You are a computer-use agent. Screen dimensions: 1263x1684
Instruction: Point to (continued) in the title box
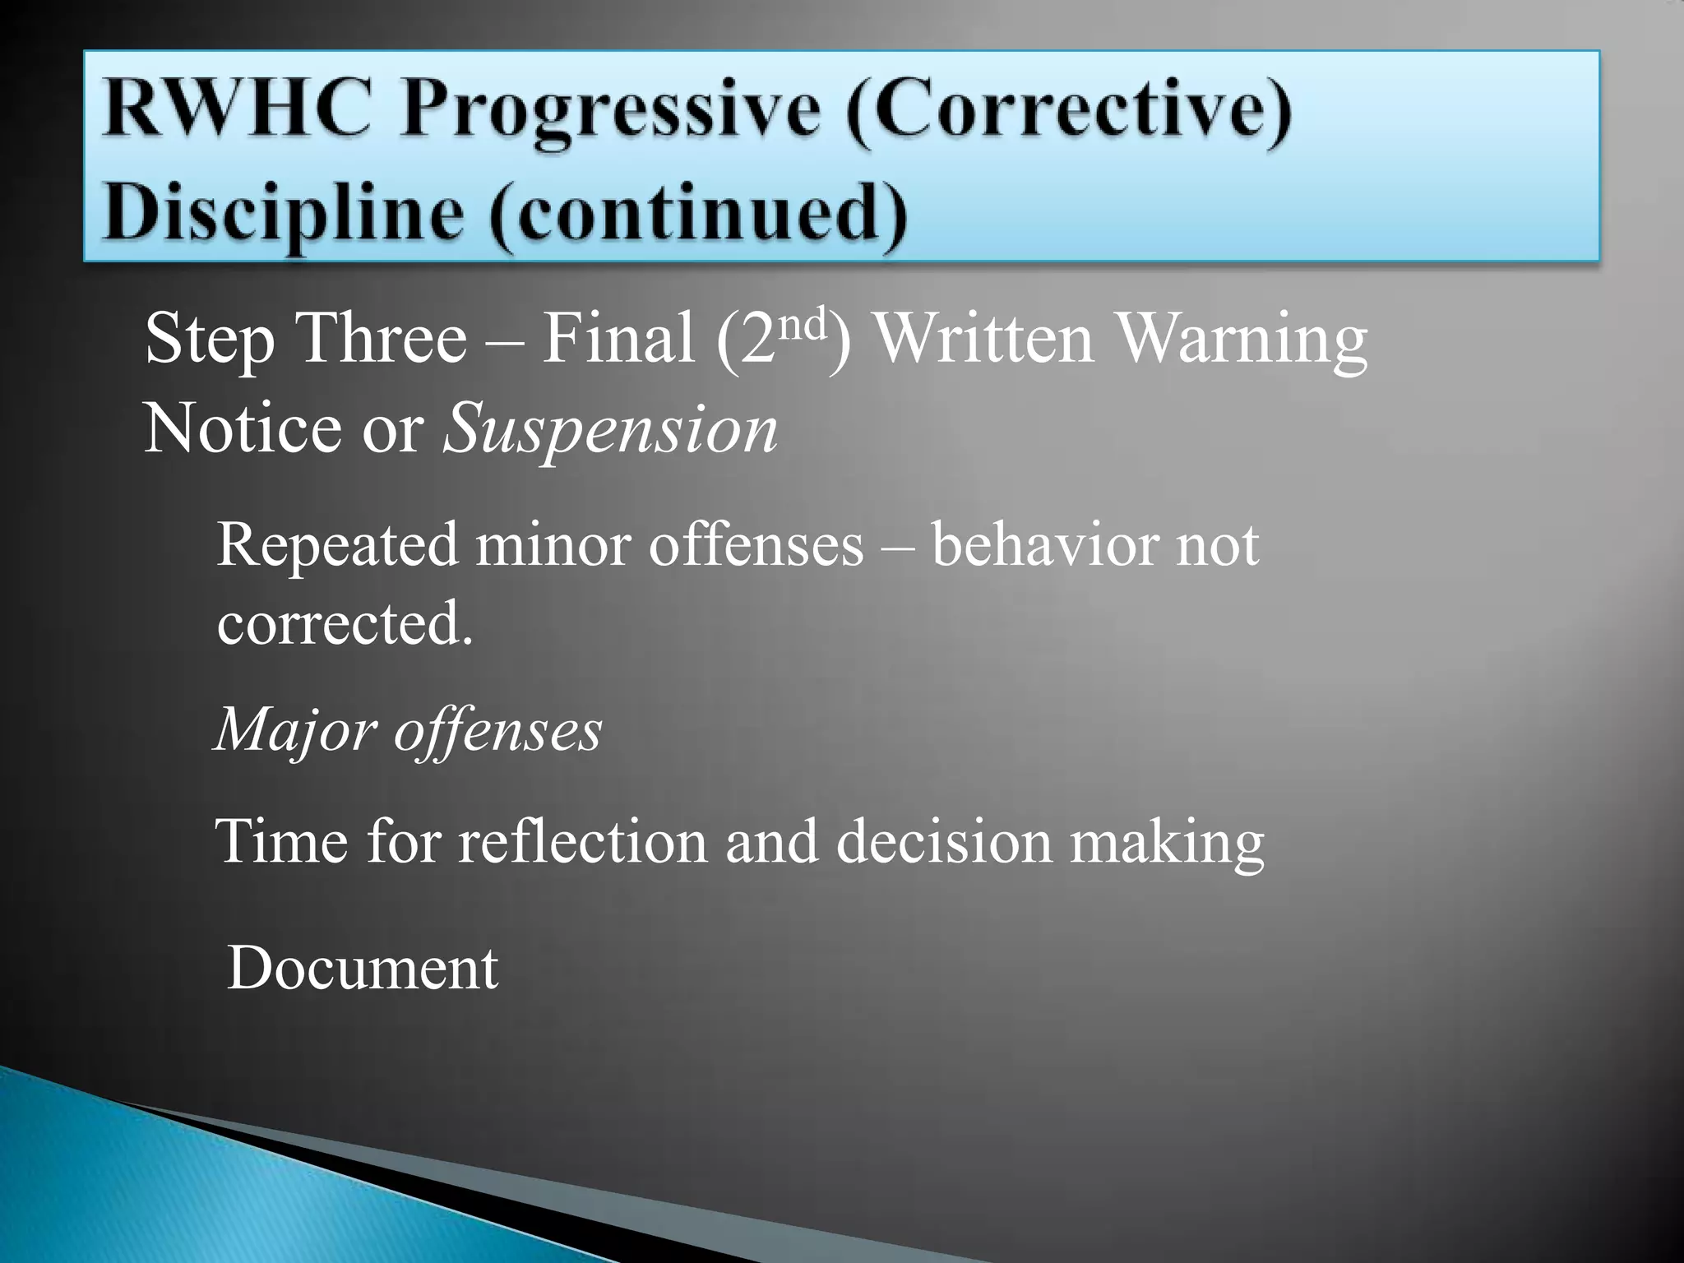(699, 211)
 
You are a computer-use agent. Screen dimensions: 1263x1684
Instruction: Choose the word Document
(363, 968)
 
